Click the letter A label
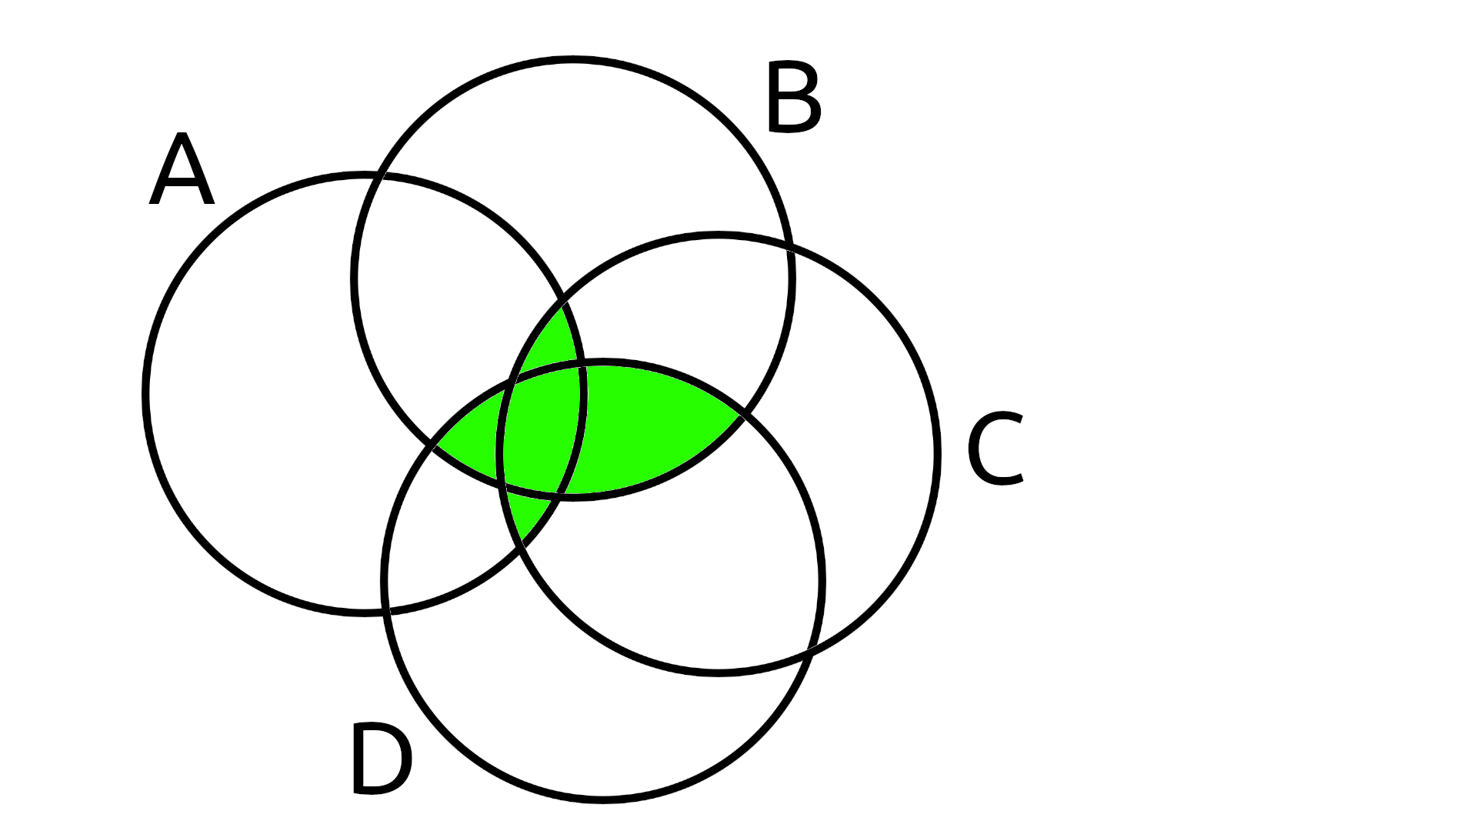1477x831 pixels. (182, 170)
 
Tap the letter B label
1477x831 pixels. (793, 98)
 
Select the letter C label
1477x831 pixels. (995, 450)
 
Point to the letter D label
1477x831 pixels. (381, 759)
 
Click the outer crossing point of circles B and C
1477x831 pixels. (789, 248)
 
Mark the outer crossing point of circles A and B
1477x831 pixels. (380, 176)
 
